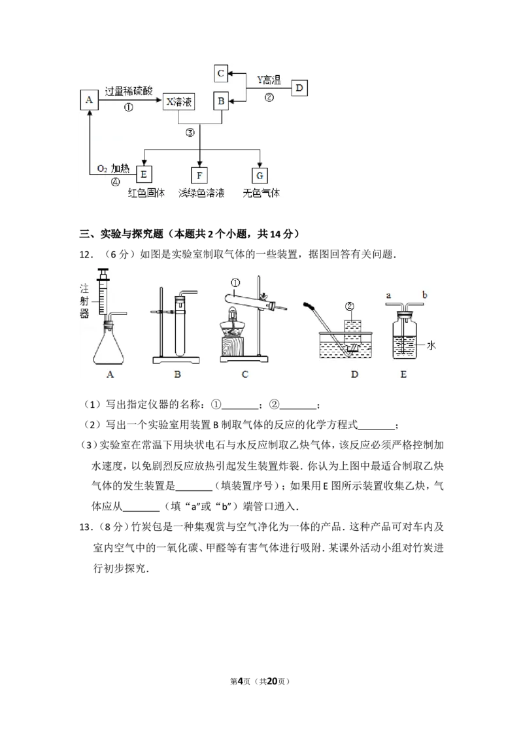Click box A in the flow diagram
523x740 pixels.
pyautogui.click(x=89, y=100)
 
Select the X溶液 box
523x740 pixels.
pyautogui.click(x=178, y=101)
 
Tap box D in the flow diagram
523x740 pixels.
pyautogui.click(x=299, y=88)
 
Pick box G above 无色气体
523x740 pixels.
pyautogui.click(x=260, y=175)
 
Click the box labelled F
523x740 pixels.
pyautogui.click(x=199, y=175)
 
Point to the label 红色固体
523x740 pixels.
pyautogui.click(x=146, y=193)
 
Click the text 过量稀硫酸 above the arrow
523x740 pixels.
pyautogui.click(x=128, y=91)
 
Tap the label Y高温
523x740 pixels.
pyautogui.click(x=269, y=80)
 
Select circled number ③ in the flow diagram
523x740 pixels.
pyautogui.click(x=190, y=133)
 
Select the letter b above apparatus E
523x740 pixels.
pyautogui.click(x=425, y=295)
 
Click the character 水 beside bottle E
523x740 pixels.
pyautogui.click(x=431, y=345)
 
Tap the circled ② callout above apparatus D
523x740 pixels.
pyautogui.click(x=349, y=307)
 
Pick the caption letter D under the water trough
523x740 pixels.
pyautogui.click(x=354, y=374)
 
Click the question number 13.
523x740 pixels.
pyautogui.click(x=85, y=527)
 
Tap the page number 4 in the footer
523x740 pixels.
pyautogui.click(x=240, y=681)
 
